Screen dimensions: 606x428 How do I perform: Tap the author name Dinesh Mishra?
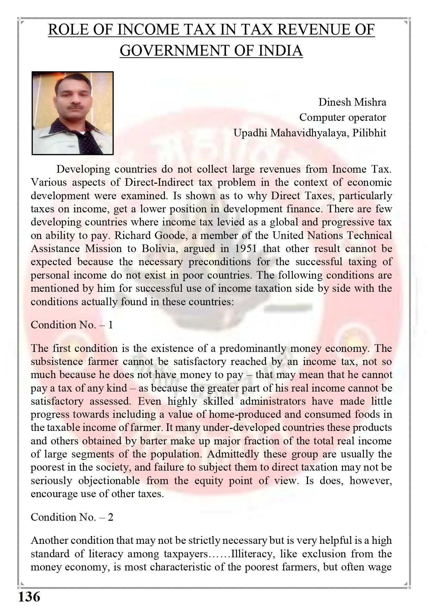pos(352,102)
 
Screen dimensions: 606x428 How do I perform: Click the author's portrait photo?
pos(73,113)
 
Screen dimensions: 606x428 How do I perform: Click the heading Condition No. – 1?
pos(72,325)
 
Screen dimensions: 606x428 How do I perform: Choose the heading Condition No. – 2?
pos(72,517)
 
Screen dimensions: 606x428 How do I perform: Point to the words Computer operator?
pos(342,117)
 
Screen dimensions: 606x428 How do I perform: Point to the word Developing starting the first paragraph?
pos(83,169)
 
